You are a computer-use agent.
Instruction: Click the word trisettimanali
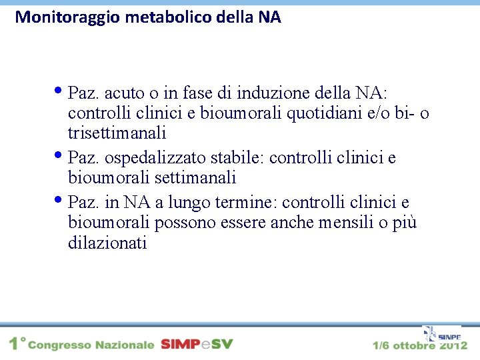point(117,134)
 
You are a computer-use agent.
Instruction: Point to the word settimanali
point(195,179)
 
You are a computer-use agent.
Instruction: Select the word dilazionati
point(107,243)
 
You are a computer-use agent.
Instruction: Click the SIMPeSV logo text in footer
point(197,345)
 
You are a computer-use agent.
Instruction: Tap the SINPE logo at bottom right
point(441,335)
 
